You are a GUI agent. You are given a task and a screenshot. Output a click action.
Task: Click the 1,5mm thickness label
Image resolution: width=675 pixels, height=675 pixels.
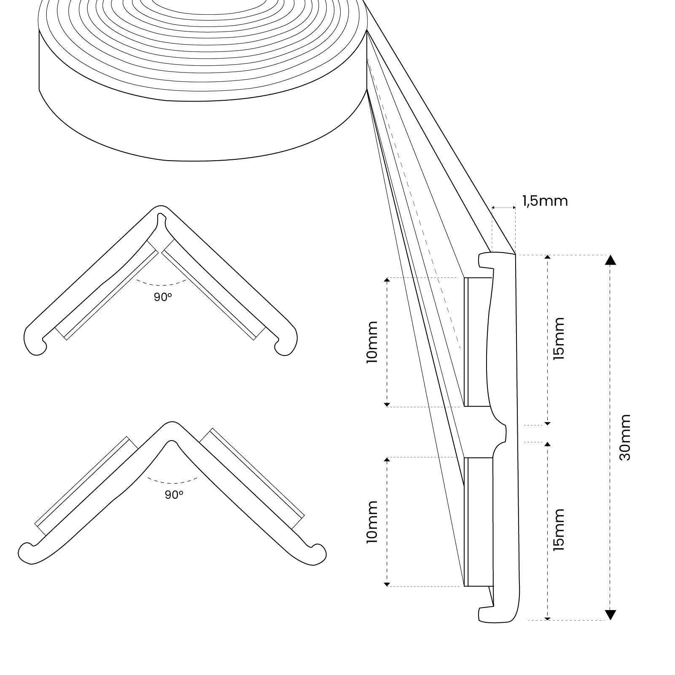[x=545, y=201]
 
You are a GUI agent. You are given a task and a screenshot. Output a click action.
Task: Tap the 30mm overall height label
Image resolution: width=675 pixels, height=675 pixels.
[x=625, y=437]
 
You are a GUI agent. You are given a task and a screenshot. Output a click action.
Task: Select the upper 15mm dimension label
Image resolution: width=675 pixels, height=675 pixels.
[x=558, y=339]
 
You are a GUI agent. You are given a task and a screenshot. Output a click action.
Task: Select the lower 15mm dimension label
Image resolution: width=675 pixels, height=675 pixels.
[x=558, y=530]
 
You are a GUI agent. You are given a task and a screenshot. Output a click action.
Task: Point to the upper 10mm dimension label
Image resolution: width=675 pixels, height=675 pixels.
[x=372, y=342]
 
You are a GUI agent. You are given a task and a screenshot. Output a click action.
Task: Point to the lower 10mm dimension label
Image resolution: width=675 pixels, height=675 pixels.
[x=372, y=522]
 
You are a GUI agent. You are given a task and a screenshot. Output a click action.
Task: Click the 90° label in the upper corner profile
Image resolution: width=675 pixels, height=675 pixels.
[x=163, y=297]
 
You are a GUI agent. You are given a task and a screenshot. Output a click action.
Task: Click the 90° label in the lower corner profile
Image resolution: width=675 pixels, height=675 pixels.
[x=174, y=495]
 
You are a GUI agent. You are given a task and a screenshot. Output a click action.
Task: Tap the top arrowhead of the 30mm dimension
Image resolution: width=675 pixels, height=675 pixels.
[x=610, y=260]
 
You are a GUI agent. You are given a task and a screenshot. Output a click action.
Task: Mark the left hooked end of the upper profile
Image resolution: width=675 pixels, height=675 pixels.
[x=35, y=342]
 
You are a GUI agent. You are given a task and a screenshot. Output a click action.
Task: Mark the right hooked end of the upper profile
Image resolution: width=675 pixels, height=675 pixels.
[x=286, y=342]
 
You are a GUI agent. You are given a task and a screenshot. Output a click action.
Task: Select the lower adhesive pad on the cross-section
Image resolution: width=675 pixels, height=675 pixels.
[x=478, y=522]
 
